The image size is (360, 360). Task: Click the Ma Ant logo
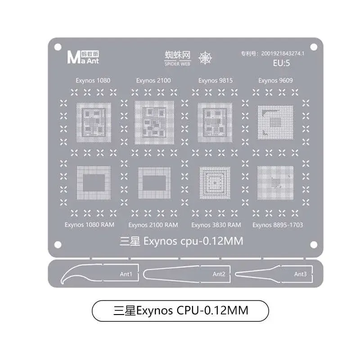coord(83,58)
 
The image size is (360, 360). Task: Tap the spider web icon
coord(205,58)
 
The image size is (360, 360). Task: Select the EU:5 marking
coord(281,63)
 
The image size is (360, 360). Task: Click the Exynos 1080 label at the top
coord(93,81)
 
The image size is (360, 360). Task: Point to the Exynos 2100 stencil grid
coord(154,122)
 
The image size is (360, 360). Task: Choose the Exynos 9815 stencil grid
coord(215,122)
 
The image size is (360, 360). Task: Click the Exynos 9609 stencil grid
coord(275,122)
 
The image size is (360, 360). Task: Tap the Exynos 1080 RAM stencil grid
coord(94,183)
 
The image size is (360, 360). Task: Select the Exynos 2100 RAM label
coord(153,225)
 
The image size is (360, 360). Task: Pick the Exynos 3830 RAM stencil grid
coord(215,183)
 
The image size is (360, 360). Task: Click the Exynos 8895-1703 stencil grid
coord(275,183)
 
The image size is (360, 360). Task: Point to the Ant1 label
coord(126,274)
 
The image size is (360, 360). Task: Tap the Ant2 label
coord(219,274)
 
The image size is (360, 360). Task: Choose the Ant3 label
coord(300,274)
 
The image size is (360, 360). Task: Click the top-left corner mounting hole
coord(58,47)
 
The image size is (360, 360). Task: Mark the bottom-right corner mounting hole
coord(314,245)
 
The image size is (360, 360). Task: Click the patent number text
coord(273,54)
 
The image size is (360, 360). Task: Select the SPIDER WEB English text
coord(177,64)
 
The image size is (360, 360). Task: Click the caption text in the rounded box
coord(181,310)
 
